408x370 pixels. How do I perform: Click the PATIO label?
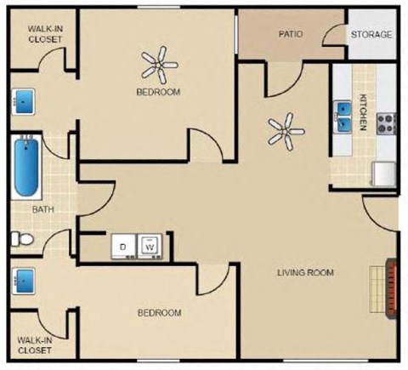tap(292, 35)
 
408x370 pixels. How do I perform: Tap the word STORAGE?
tap(372, 35)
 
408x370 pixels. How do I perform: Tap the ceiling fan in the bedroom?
tap(158, 61)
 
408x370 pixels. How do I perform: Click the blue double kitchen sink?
tap(344, 112)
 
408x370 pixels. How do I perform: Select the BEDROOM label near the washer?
tap(159, 313)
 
